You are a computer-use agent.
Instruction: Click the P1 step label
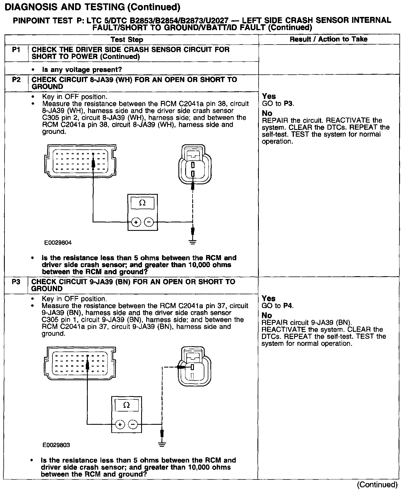click(x=16, y=50)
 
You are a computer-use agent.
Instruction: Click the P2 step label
click(x=16, y=80)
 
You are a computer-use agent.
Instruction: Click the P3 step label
click(x=16, y=282)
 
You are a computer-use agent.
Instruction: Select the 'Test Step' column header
click(x=127, y=39)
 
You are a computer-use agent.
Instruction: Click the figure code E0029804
click(x=58, y=242)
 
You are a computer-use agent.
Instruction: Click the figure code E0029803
click(x=56, y=445)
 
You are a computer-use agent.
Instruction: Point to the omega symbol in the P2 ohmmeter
click(x=143, y=203)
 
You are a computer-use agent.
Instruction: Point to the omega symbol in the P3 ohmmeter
click(x=127, y=406)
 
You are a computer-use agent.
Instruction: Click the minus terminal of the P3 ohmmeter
click(x=133, y=424)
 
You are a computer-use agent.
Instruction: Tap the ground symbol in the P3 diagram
click(x=162, y=445)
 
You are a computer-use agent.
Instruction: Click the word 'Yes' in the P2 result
click(x=269, y=96)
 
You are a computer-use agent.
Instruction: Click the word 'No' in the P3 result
click(x=267, y=315)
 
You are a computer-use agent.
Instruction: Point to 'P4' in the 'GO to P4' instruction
click(x=288, y=306)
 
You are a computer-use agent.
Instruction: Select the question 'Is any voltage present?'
click(x=82, y=69)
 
